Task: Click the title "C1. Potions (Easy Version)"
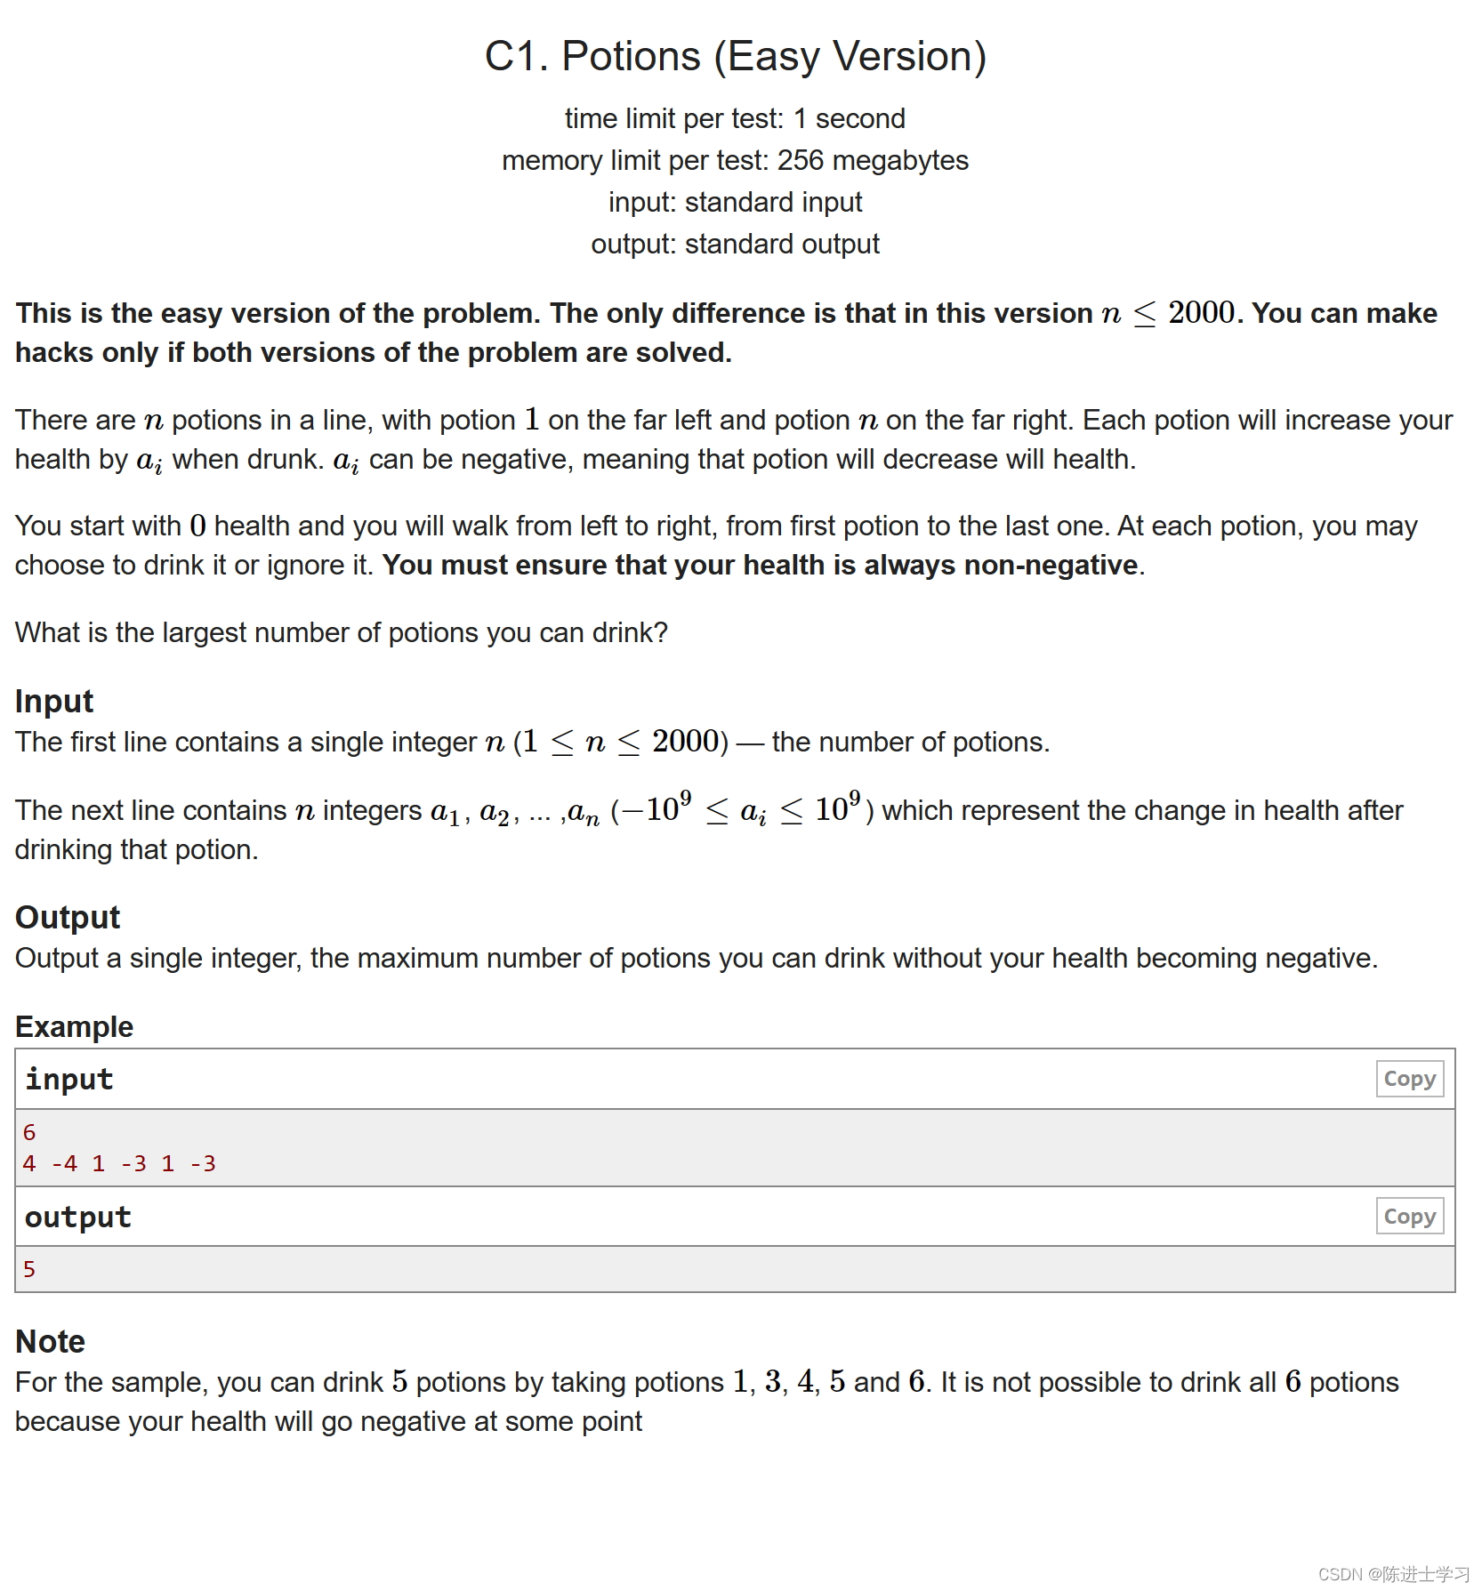[x=736, y=57]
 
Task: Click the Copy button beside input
[x=1409, y=1079]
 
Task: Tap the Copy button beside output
[x=1409, y=1217]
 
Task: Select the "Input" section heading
[x=54, y=702]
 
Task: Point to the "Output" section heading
[x=68, y=918]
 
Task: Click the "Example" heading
[x=74, y=1027]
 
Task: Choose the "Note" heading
[x=51, y=1341]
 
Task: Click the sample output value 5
[x=29, y=1270]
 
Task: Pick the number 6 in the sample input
[x=29, y=1133]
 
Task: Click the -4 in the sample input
[x=64, y=1164]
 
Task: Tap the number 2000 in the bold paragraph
[x=1201, y=313]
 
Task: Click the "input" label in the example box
[x=69, y=1080]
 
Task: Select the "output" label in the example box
[x=78, y=1217]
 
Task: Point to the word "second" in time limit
[x=860, y=119]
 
